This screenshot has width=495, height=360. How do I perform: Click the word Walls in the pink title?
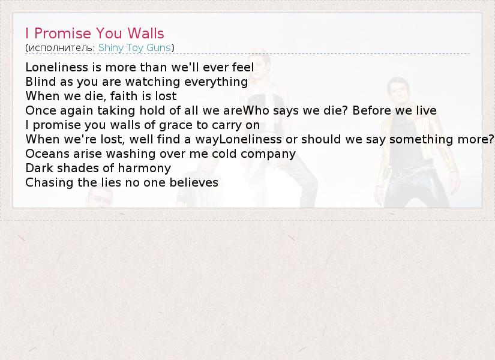pyautogui.click(x=146, y=33)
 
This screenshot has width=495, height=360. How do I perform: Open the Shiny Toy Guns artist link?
pyautogui.click(x=134, y=47)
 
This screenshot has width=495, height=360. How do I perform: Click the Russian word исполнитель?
pyautogui.click(x=62, y=48)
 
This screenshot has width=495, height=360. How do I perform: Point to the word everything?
pyautogui.click(x=216, y=82)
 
